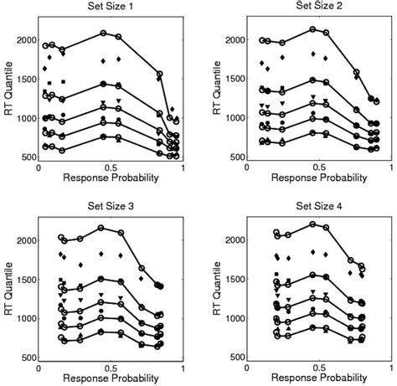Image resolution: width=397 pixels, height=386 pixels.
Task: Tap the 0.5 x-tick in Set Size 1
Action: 106,167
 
